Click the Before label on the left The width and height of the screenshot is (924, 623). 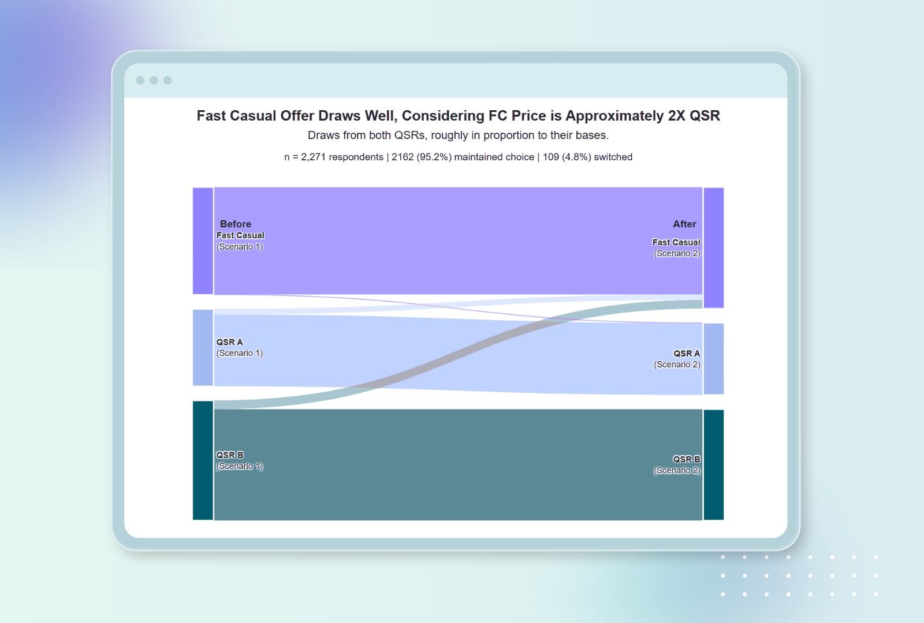click(x=235, y=224)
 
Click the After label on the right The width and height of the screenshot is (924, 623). click(x=684, y=224)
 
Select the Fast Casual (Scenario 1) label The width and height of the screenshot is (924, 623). click(x=240, y=241)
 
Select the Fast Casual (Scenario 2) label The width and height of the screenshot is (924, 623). click(x=676, y=247)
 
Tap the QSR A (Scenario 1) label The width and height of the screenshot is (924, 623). click(x=239, y=347)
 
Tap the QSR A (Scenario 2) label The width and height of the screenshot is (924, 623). click(x=677, y=359)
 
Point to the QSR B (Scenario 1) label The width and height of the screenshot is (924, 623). click(x=239, y=460)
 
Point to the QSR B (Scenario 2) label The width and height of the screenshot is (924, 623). click(x=677, y=464)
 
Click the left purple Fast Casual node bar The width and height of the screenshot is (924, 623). click(x=203, y=241)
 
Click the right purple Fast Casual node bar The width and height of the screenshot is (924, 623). click(x=714, y=247)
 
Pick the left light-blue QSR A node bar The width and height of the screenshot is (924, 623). click(x=203, y=348)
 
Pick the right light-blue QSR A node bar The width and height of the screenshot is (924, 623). click(x=714, y=359)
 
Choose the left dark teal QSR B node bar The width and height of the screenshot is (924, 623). click(x=203, y=460)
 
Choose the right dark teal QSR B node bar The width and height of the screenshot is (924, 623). click(x=714, y=465)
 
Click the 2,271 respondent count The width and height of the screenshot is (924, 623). click(x=313, y=157)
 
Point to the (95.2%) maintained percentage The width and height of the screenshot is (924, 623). click(x=434, y=157)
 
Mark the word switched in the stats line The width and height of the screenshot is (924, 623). click(x=613, y=157)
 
